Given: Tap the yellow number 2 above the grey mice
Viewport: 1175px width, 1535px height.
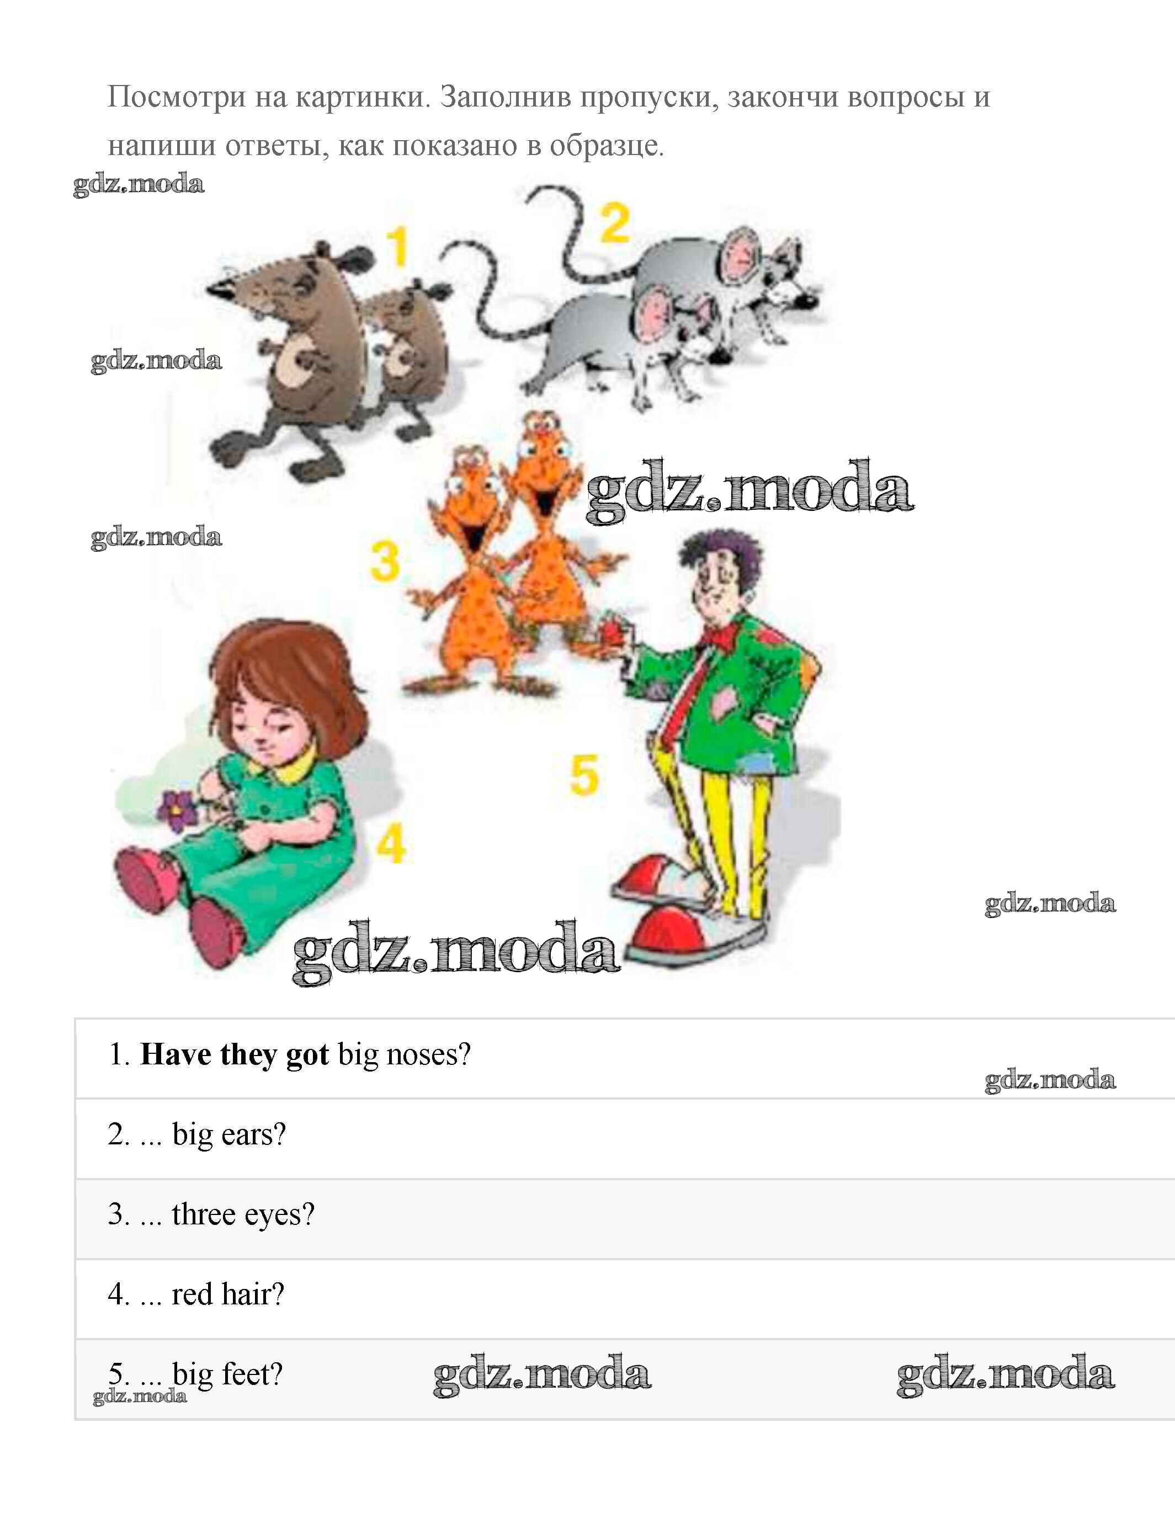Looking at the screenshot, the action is pos(615,223).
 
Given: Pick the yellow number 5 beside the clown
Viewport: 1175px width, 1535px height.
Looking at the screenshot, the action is pos(584,775).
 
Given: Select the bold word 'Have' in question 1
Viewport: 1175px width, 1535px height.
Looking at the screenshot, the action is pos(176,1054).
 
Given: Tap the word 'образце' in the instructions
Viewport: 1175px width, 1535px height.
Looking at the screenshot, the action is pos(604,146).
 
